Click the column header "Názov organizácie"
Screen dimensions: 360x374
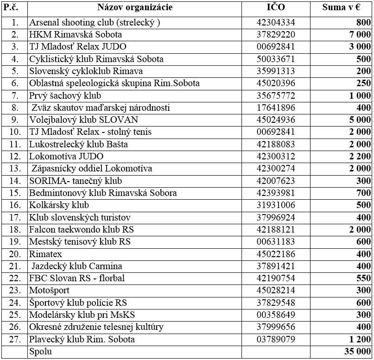(135, 7)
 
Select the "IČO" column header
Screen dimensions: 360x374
(276, 7)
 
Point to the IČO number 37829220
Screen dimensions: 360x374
(276, 35)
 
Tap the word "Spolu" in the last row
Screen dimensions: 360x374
(40, 352)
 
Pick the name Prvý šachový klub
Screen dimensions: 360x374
(65, 95)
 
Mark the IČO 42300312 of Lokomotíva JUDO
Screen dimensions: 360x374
(276, 157)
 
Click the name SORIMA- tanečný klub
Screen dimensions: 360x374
(76, 181)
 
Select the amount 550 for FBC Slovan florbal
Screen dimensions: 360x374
(362, 278)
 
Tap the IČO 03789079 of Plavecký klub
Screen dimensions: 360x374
(276, 339)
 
